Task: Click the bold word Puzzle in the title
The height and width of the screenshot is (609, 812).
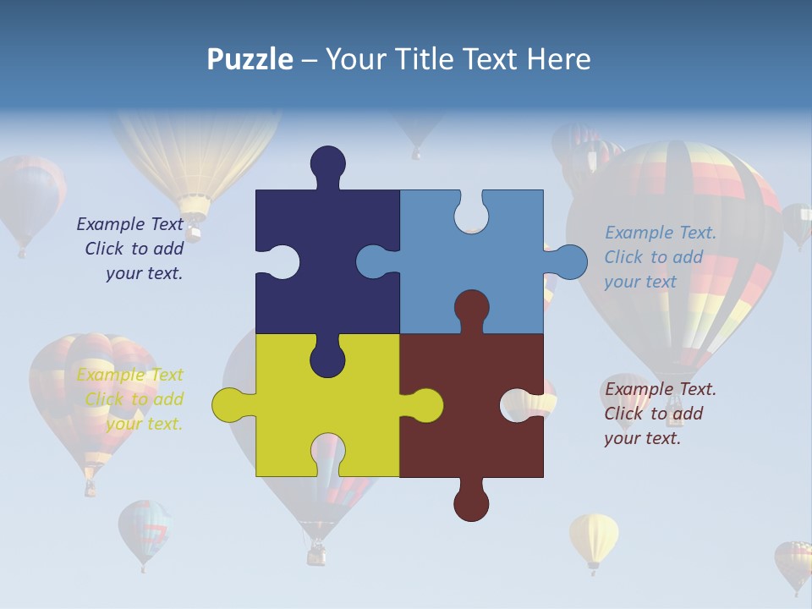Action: coord(250,59)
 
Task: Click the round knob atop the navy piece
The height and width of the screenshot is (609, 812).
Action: coord(327,163)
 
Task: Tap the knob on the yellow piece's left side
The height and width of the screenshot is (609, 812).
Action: coord(229,405)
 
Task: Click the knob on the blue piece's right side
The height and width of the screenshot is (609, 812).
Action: coord(570,262)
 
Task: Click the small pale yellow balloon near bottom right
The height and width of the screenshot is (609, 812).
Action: coord(593,539)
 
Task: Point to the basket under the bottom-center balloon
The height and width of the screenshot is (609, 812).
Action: coord(316,554)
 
